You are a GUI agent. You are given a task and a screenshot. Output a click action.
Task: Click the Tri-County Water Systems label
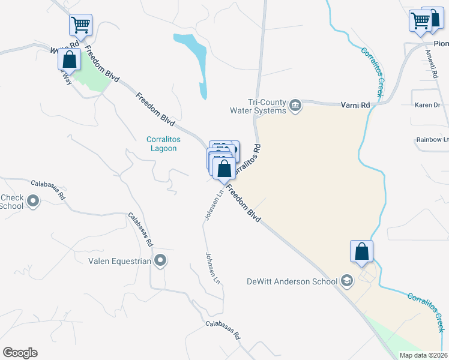(x=259, y=106)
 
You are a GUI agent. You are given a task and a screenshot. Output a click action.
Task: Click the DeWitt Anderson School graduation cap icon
(x=346, y=280)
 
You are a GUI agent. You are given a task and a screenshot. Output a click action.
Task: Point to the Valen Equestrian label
(x=119, y=260)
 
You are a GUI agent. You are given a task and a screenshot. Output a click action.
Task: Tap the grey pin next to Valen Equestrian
(x=160, y=260)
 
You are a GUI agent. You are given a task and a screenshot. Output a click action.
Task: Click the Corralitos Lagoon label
(x=161, y=144)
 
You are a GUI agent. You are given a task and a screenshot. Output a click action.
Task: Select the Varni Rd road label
(x=356, y=105)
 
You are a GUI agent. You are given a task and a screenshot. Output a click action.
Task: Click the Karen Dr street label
(x=427, y=105)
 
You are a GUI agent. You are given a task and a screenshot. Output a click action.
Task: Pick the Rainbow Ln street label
(x=432, y=140)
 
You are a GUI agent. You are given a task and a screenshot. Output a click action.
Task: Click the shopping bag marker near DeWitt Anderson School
(x=362, y=251)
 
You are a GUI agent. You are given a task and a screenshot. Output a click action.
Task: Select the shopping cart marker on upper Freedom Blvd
(x=80, y=25)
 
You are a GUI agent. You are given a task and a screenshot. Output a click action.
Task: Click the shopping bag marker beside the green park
(x=70, y=59)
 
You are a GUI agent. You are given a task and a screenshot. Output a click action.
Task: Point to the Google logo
(x=20, y=353)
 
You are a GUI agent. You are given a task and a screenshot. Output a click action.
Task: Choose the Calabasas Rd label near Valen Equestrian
(x=140, y=230)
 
